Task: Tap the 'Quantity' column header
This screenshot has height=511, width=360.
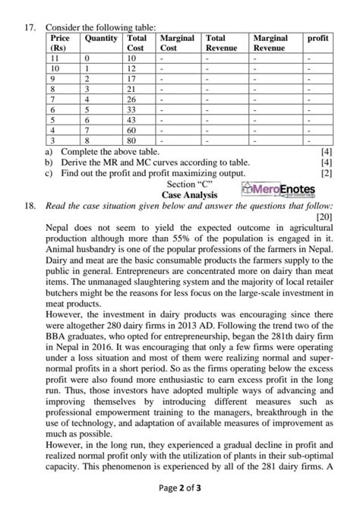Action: (101, 37)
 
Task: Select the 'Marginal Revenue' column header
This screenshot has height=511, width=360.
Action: (270, 43)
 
